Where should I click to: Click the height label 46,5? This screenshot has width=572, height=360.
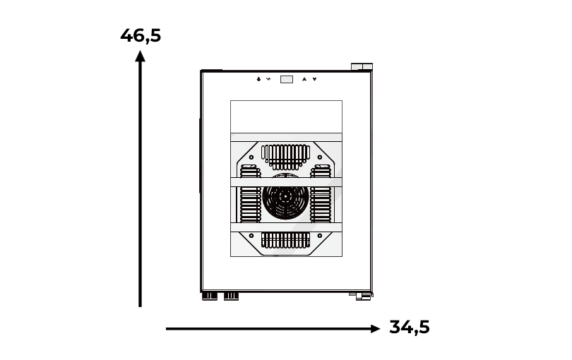[141, 36]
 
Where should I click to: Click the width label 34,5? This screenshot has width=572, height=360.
[410, 327]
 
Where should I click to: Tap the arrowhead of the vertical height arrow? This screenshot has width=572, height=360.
[140, 56]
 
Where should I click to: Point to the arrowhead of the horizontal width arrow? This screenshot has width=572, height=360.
[375, 329]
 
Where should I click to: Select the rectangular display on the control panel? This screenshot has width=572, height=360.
[287, 79]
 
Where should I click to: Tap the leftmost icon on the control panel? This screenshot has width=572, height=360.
[258, 79]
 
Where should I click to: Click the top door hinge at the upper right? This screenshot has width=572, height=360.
[362, 67]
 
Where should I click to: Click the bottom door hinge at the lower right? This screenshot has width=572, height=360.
[361, 296]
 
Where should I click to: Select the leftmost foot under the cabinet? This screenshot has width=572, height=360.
[210, 296]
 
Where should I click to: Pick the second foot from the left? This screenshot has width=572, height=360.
[231, 296]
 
